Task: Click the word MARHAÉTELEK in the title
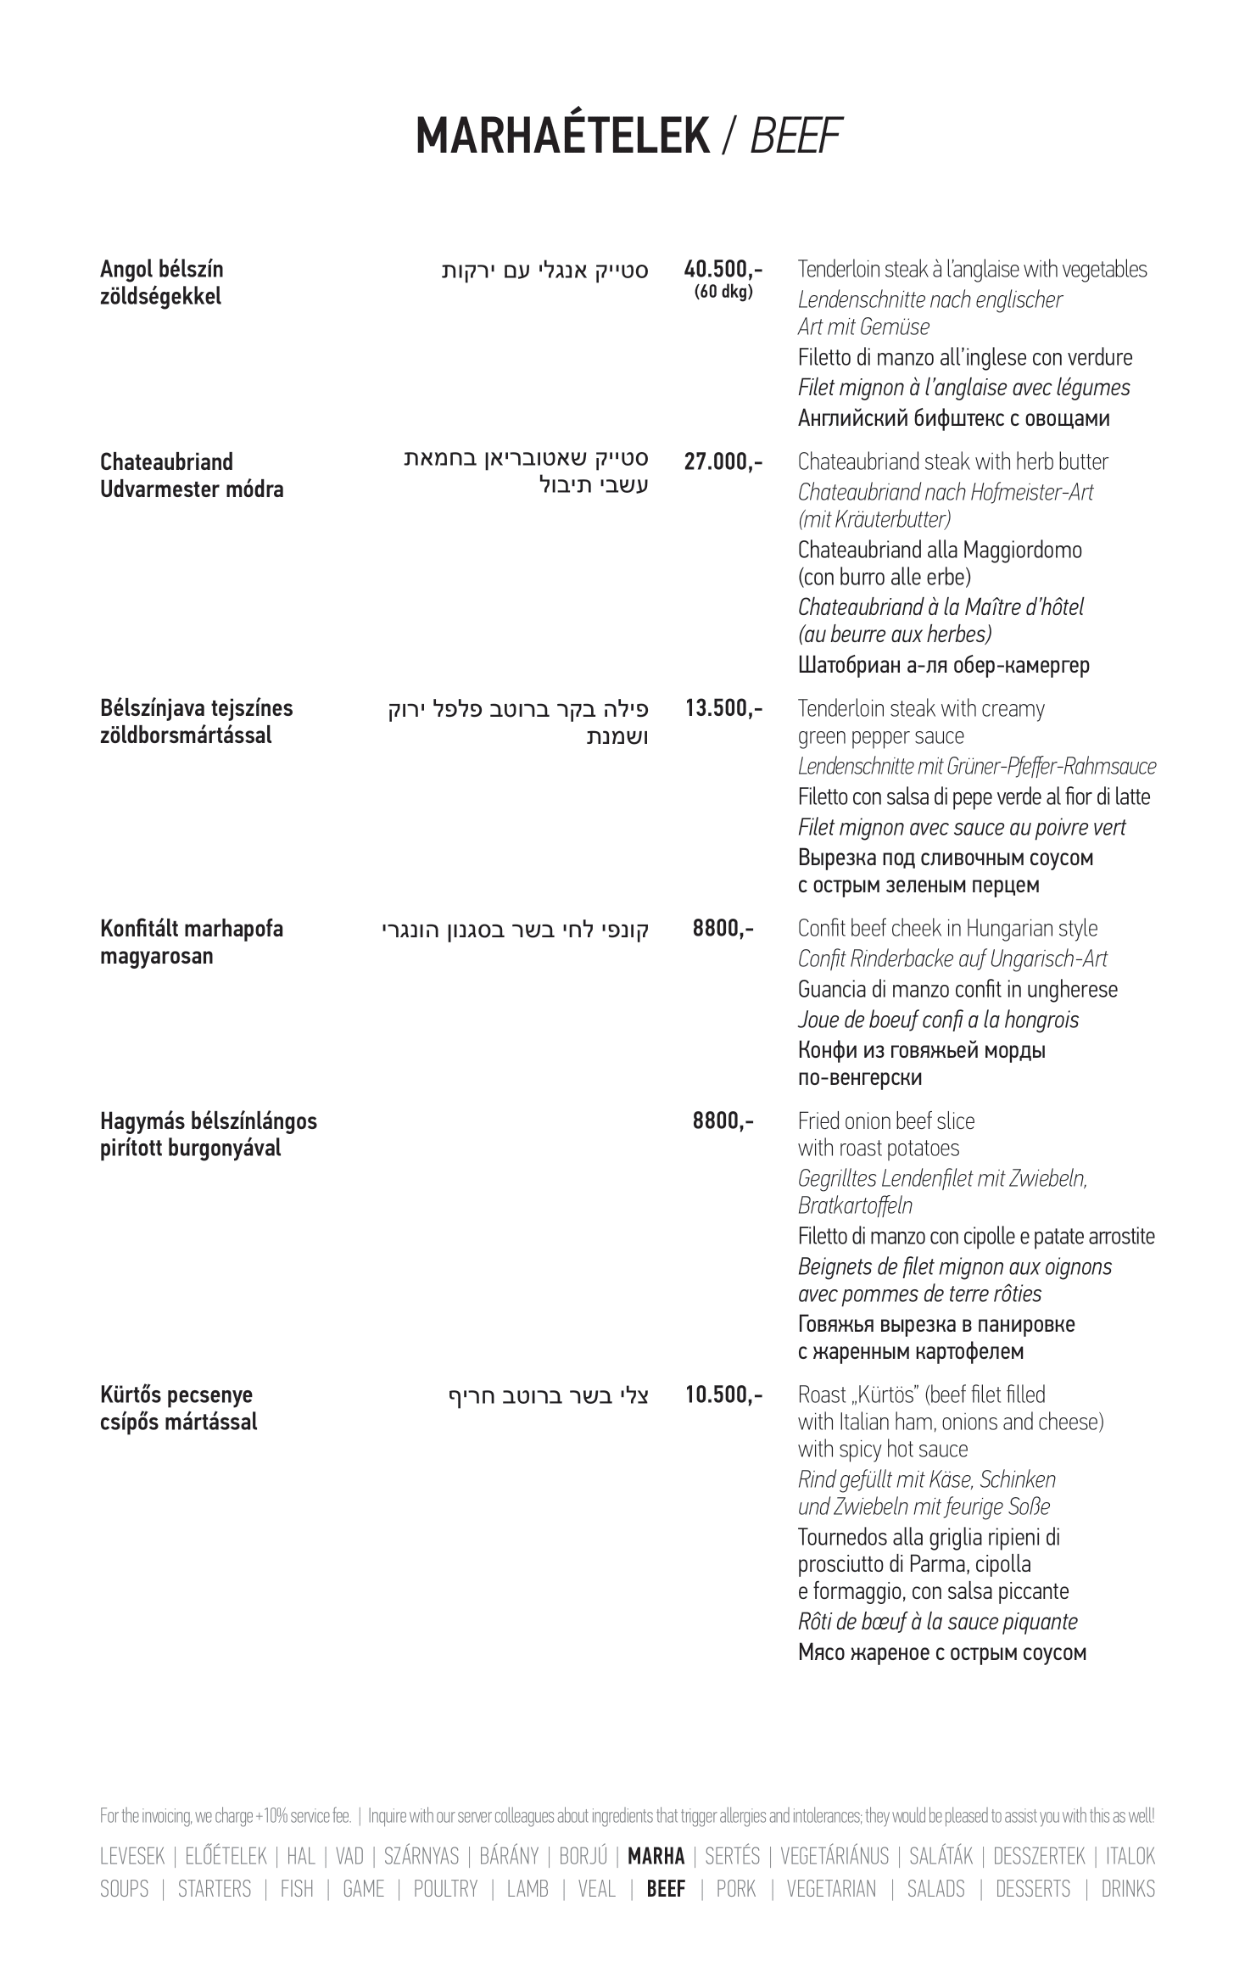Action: [562, 136]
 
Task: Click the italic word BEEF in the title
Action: [795, 136]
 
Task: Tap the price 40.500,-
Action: [723, 270]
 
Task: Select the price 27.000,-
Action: [723, 462]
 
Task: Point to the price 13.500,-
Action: [723, 708]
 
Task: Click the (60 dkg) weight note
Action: [723, 293]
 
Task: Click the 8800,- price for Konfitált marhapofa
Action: [723, 929]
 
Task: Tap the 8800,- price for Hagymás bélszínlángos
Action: [723, 1121]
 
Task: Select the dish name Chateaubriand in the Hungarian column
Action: [166, 462]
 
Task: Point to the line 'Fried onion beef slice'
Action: [886, 1121]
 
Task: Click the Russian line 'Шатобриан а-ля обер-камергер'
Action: [943, 665]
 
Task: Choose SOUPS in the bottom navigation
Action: [124, 1889]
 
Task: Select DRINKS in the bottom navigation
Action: [1128, 1889]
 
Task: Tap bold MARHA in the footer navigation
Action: [656, 1857]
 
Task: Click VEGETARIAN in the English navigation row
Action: [831, 1889]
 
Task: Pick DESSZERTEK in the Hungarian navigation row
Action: [1039, 1857]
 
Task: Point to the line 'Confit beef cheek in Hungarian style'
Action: [947, 929]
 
